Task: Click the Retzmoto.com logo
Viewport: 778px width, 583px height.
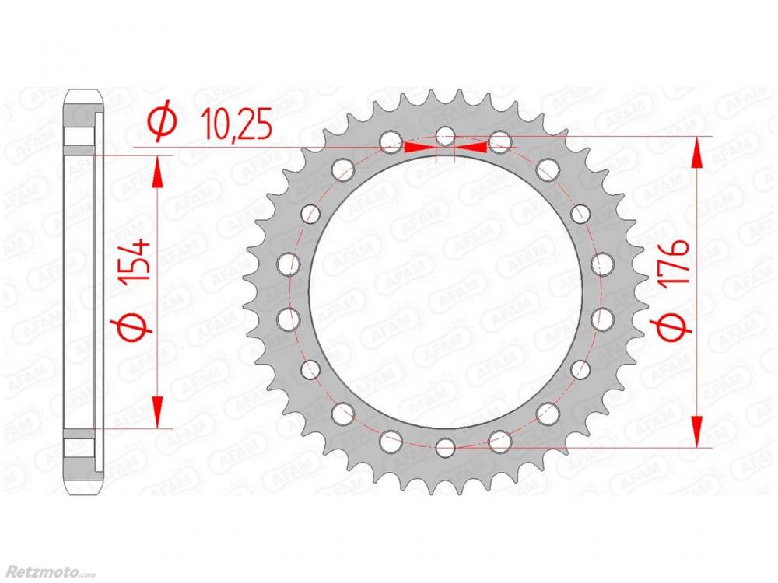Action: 47,574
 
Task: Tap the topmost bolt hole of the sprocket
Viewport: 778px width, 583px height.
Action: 446,136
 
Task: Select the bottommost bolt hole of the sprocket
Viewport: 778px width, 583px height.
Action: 446,447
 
